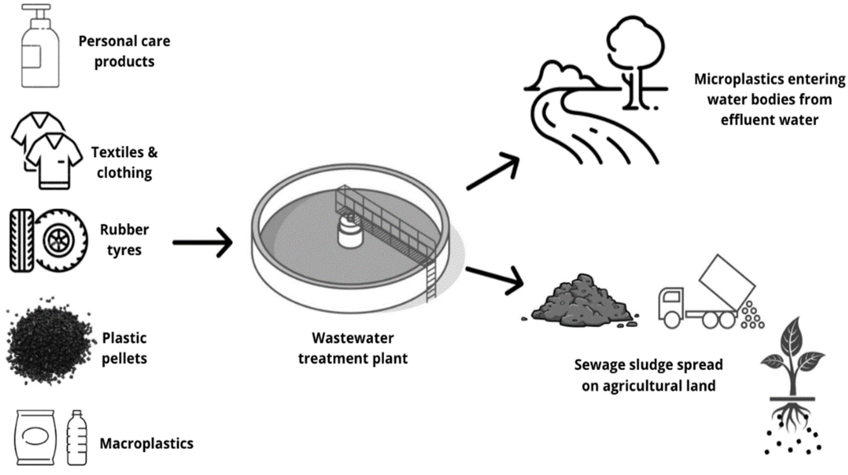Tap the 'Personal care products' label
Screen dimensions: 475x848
pos(124,51)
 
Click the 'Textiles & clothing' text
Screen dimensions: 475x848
pos(124,162)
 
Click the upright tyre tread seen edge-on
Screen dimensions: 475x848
pos(22,241)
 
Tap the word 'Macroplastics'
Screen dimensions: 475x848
pos(147,443)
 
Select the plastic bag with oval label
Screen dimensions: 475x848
pos(35,437)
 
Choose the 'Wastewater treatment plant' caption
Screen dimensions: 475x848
pos(353,348)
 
